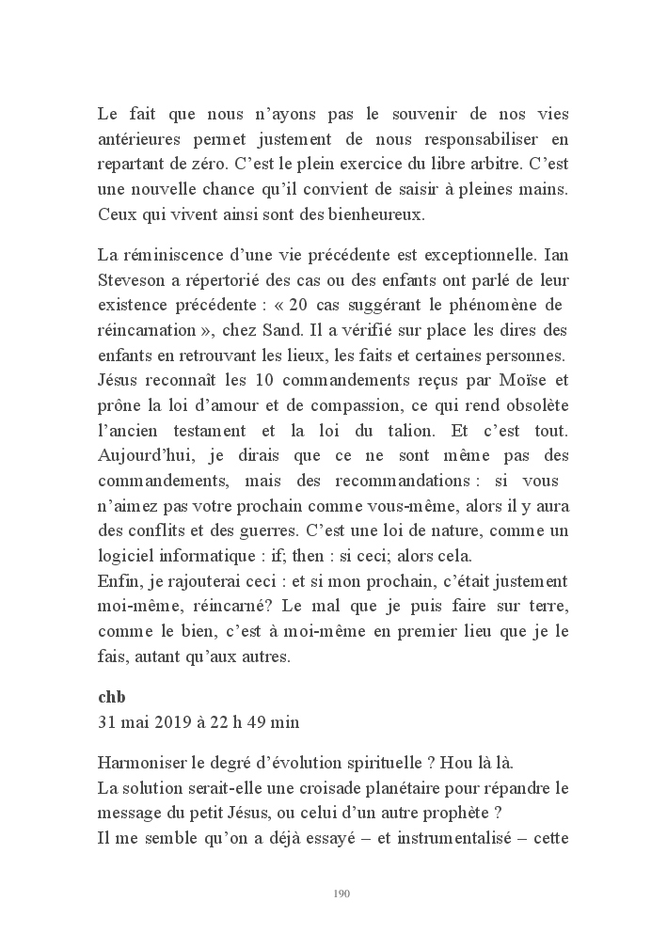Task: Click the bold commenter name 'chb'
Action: [112, 698]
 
